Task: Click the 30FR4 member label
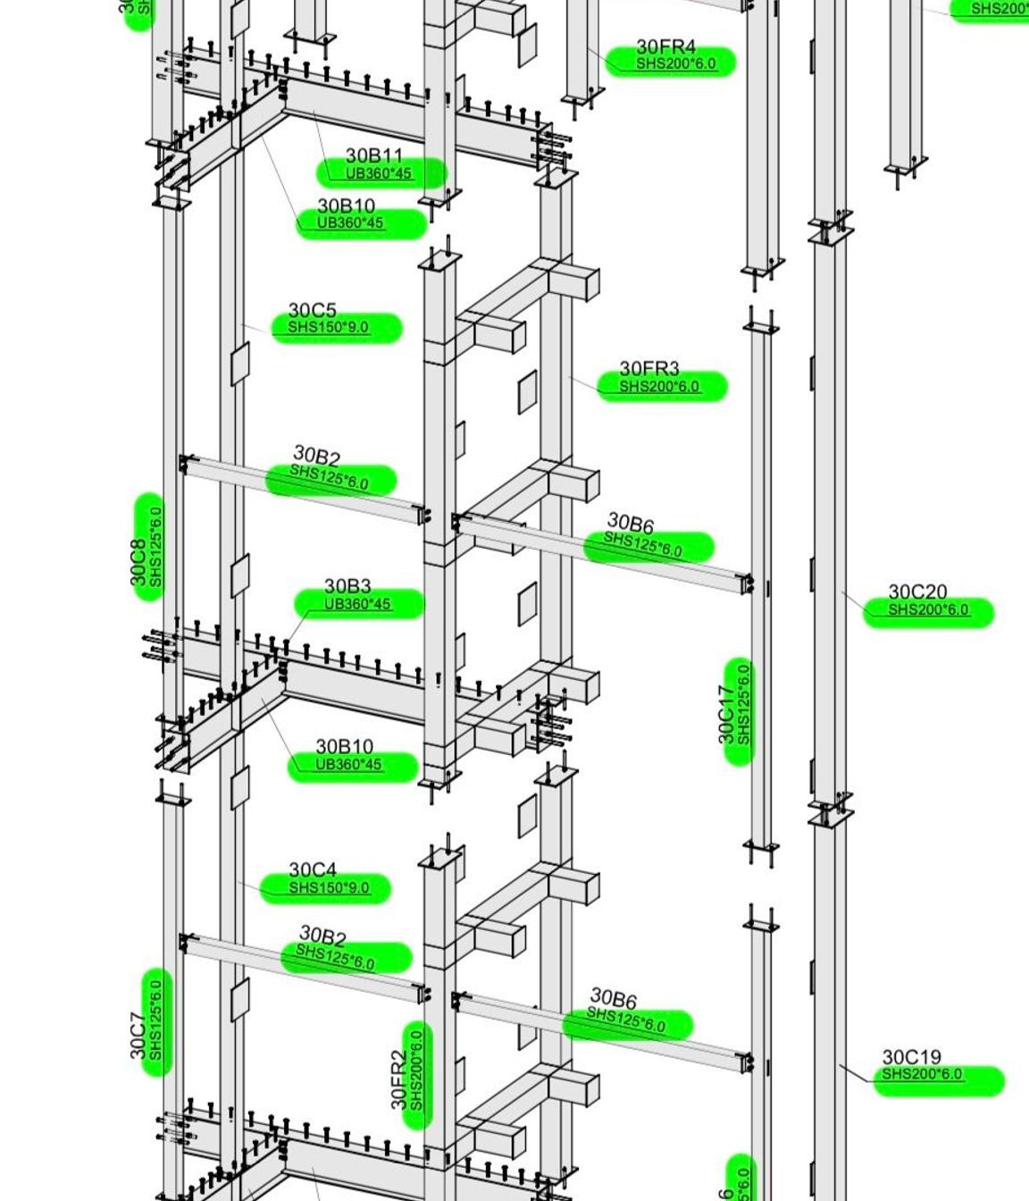point(665,46)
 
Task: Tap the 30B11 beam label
point(374,156)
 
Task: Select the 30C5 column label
point(312,310)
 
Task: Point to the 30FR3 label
point(648,368)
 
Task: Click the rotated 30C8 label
point(138,562)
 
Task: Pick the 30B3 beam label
point(347,586)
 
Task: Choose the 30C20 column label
point(917,592)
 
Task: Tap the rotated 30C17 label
point(727,714)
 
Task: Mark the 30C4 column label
point(313,869)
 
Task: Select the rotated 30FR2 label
point(399,1079)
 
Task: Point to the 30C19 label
point(911,1057)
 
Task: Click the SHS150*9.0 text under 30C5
point(328,328)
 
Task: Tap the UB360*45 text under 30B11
point(379,173)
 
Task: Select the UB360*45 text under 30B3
point(357,604)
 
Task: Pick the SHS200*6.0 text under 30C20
point(927,610)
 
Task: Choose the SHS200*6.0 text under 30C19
point(923,1074)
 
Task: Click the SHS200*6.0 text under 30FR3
point(659,387)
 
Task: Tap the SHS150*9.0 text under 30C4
point(328,887)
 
